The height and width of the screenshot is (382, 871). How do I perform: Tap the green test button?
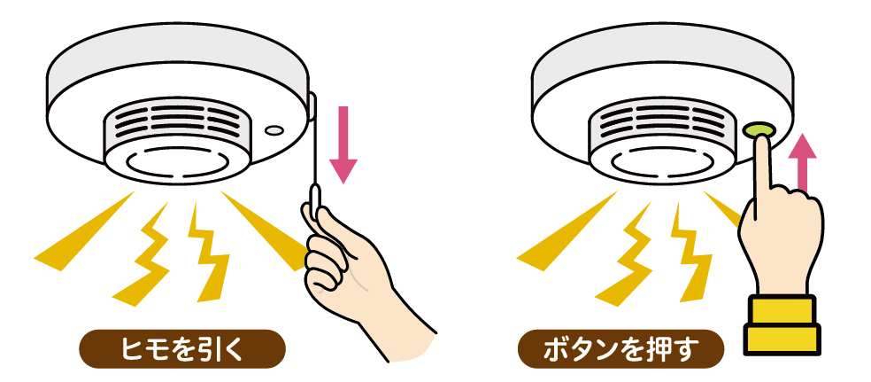759,130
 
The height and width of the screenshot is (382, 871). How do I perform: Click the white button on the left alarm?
274,130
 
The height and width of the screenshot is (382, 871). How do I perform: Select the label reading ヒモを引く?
182,350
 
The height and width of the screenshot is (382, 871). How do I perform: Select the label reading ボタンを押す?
620,350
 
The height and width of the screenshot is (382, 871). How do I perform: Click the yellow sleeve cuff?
782,324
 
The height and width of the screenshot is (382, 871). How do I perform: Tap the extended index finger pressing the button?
763,167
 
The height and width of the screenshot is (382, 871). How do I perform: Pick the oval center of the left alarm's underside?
177,162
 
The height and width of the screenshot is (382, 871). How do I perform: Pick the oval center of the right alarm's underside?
662,162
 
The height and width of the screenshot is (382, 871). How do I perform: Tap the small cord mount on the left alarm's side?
312,106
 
